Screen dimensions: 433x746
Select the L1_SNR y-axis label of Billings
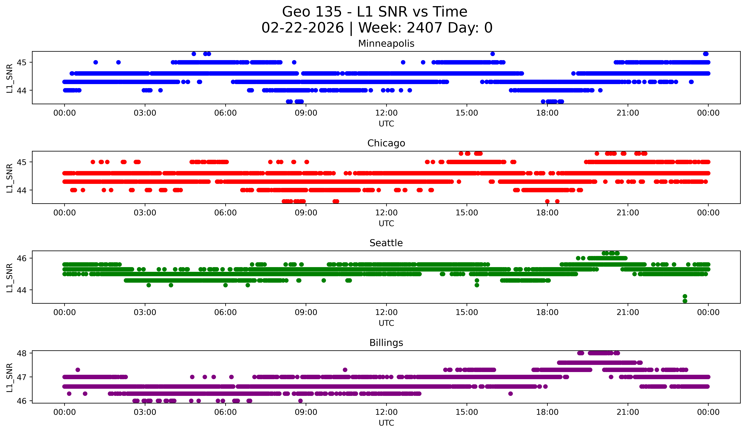(9, 377)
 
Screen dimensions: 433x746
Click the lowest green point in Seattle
(685, 301)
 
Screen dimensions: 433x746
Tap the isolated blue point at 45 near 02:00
(118, 62)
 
